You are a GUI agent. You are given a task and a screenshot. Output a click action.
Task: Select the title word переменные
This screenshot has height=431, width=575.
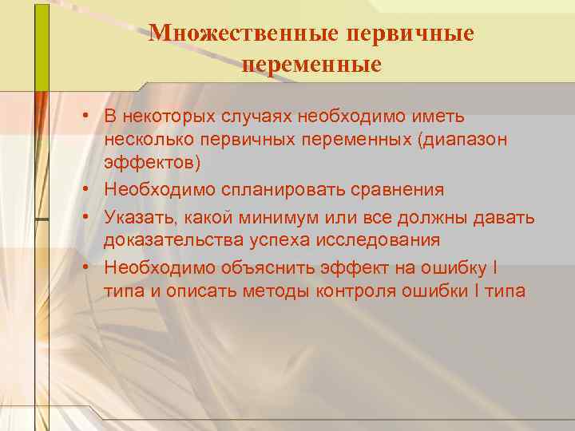[311, 64]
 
